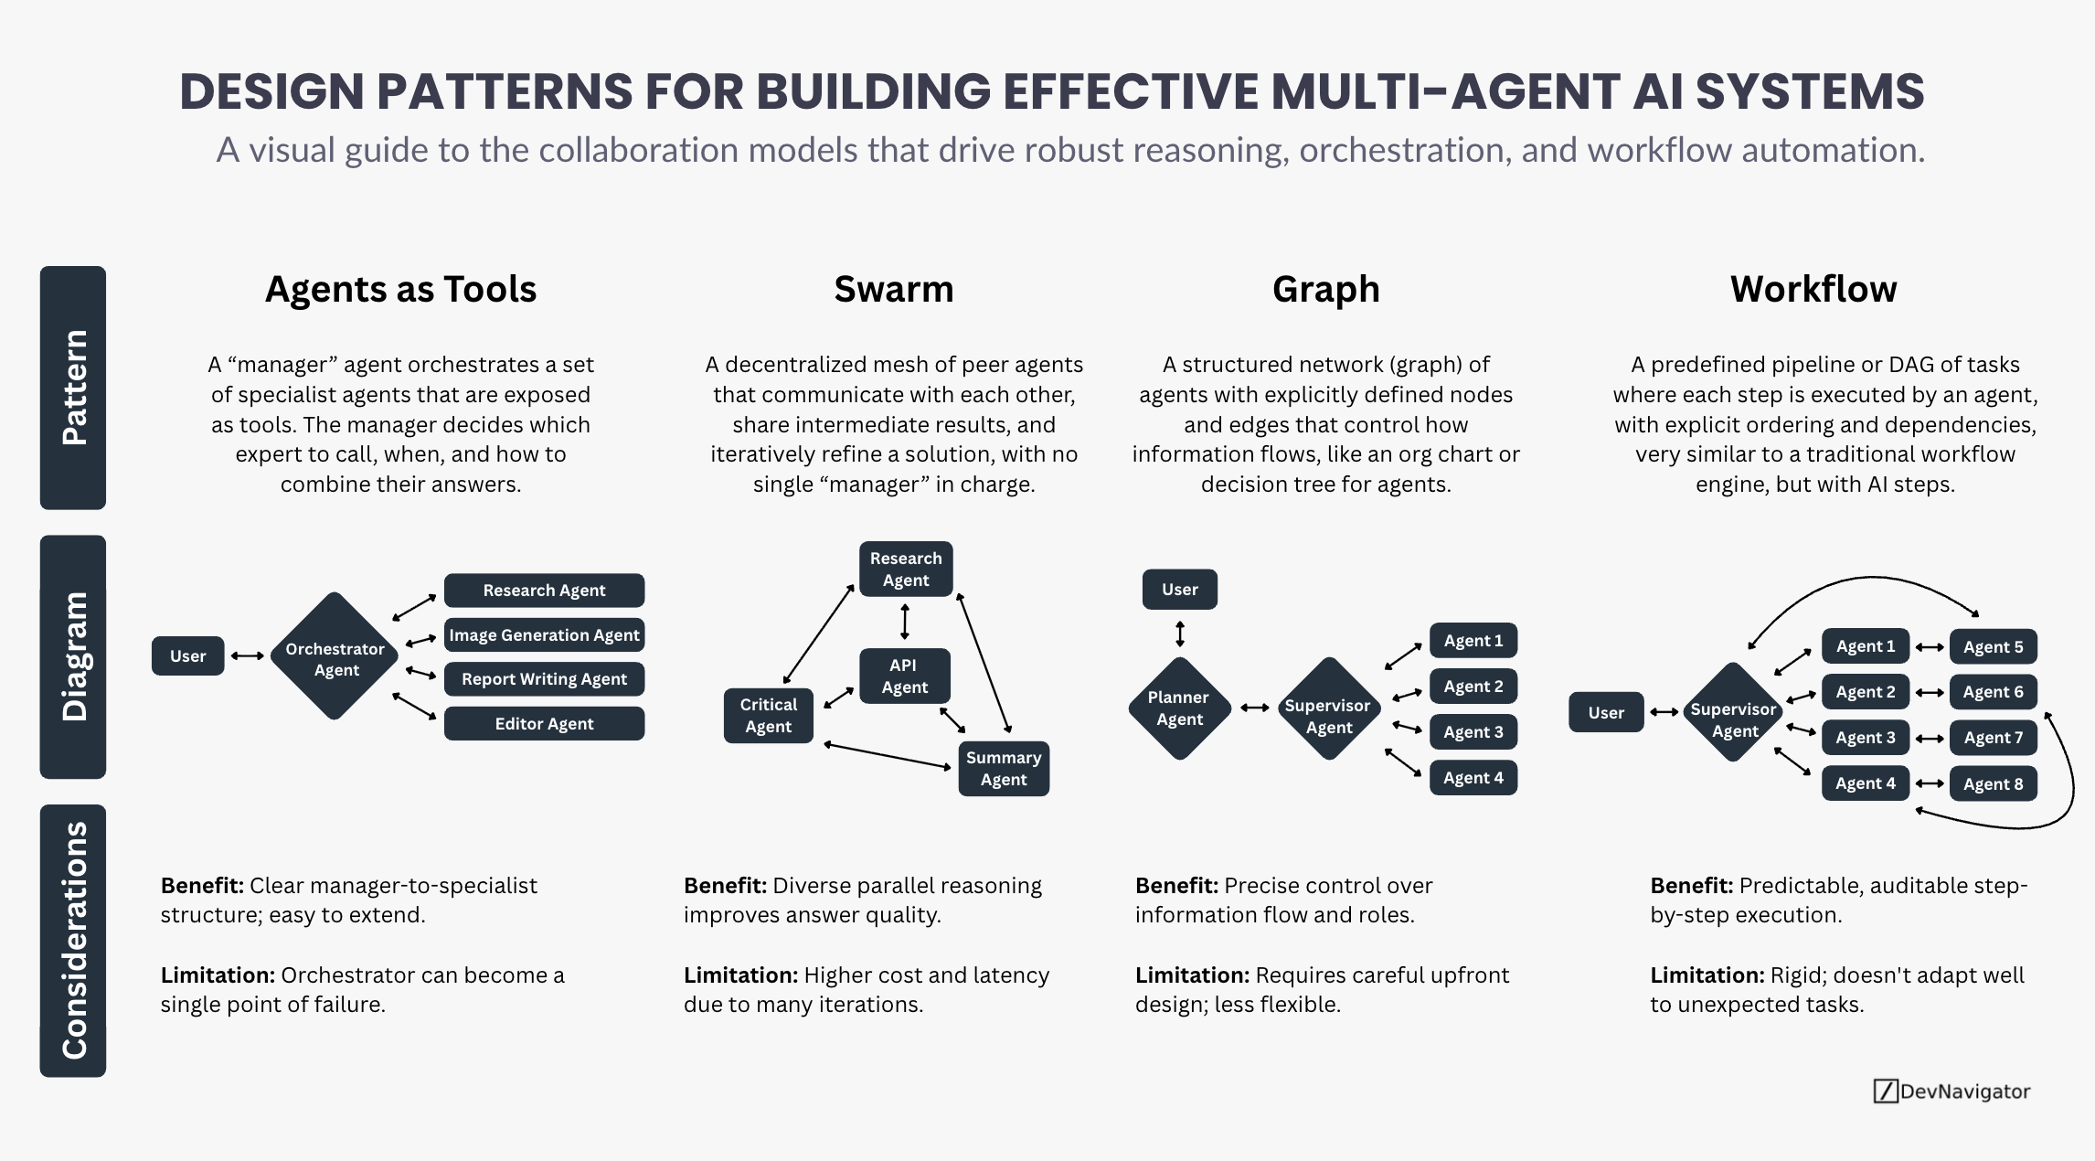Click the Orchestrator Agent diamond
click(x=335, y=657)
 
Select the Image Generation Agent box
click(x=544, y=635)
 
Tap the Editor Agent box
click(x=544, y=724)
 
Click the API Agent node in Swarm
click(x=904, y=676)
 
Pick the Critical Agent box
click(x=768, y=716)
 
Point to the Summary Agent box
click(x=1003, y=769)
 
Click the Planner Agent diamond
click(x=1179, y=708)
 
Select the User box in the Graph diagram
click(x=1179, y=590)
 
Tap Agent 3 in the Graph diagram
click(x=1473, y=732)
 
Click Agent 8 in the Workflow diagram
click(x=1993, y=784)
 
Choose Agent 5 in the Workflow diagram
click(x=1993, y=647)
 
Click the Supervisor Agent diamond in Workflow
click(x=1733, y=714)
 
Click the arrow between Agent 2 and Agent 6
click(x=1930, y=693)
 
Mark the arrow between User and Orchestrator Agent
click(x=247, y=656)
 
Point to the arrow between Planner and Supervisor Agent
click(x=1254, y=708)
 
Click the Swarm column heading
click(x=893, y=289)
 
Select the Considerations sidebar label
click(x=73, y=941)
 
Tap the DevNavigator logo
click(x=1951, y=1092)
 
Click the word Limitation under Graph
click(x=1192, y=975)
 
